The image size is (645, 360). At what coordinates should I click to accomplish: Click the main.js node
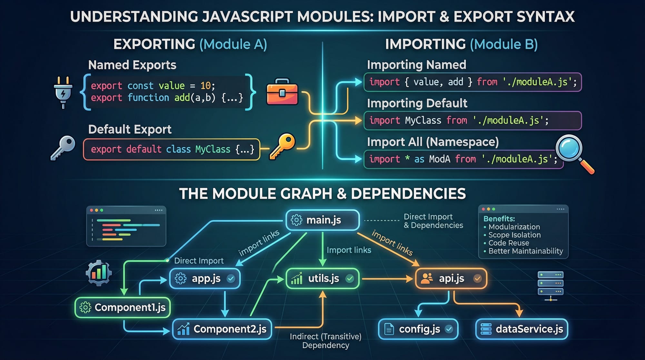click(322, 220)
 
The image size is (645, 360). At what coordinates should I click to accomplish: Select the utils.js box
click(322, 278)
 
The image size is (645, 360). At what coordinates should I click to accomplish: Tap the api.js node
click(451, 278)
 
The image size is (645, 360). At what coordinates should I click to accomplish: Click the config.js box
click(418, 329)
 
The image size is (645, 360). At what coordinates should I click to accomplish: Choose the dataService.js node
click(521, 329)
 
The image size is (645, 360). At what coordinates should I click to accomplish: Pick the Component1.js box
click(123, 307)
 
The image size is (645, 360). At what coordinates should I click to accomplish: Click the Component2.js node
click(222, 329)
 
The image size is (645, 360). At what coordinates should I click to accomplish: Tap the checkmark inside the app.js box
click(231, 278)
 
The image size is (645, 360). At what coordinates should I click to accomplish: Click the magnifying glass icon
click(572, 152)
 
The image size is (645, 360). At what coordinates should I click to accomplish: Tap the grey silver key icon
click(63, 147)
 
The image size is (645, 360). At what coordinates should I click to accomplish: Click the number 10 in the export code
click(205, 85)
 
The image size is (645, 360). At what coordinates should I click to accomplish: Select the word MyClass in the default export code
click(213, 149)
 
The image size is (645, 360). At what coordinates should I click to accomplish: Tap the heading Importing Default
click(417, 103)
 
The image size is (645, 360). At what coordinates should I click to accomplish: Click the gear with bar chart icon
click(99, 273)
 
